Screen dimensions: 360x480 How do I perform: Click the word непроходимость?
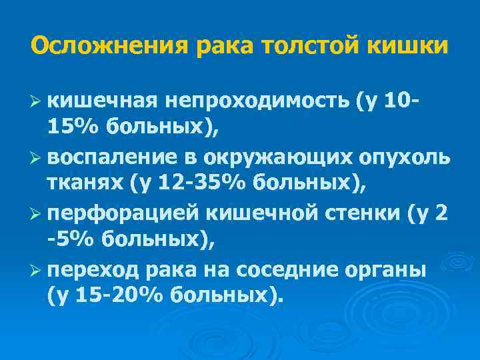[256, 101]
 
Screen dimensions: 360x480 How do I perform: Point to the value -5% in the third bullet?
[67, 238]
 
